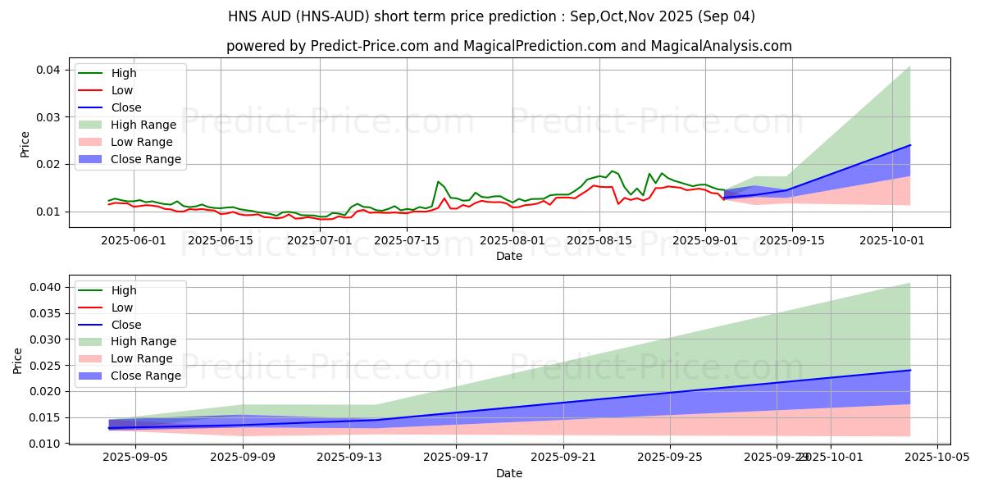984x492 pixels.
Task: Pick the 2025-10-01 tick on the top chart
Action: pyautogui.click(x=892, y=240)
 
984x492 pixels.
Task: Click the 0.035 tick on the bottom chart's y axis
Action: pyautogui.click(x=48, y=313)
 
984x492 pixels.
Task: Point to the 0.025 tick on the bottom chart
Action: pyautogui.click(x=48, y=366)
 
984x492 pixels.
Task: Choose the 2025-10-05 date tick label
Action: pyautogui.click(x=936, y=458)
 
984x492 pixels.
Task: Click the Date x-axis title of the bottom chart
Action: pyautogui.click(x=509, y=473)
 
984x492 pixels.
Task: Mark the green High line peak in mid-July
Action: pyautogui.click(x=438, y=181)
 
